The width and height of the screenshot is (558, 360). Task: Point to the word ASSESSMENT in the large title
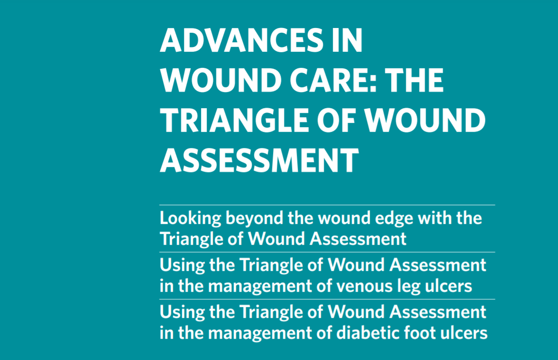click(259, 160)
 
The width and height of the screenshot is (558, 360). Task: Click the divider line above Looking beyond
click(327, 205)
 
